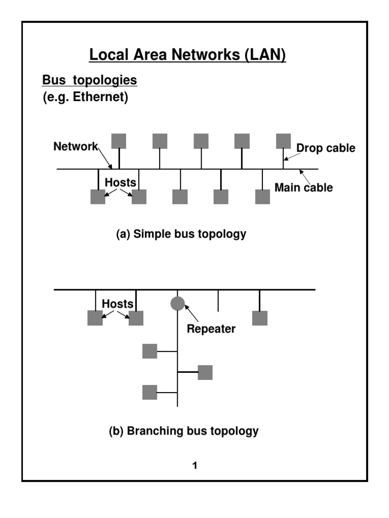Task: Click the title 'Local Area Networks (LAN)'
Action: pos(187,54)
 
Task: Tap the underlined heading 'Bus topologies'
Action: pos(90,80)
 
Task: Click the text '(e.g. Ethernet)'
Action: pos(85,97)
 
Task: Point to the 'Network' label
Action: pos(75,147)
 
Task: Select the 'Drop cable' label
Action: pos(326,148)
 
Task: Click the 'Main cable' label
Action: pos(303,188)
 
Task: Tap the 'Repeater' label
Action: pos(211,329)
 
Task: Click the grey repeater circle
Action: pos(177,304)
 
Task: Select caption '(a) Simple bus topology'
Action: pos(181,234)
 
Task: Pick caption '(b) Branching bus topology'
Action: pos(184,431)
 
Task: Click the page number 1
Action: pos(194,465)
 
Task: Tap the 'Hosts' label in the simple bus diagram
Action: pos(121,182)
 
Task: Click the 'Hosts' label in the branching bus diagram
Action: pos(118,304)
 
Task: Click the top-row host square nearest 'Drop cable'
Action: pos(283,141)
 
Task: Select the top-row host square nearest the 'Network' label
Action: pos(119,141)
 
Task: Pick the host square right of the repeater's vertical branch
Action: pos(205,372)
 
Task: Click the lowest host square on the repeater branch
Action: pos(149,392)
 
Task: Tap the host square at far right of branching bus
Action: pos(260,318)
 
